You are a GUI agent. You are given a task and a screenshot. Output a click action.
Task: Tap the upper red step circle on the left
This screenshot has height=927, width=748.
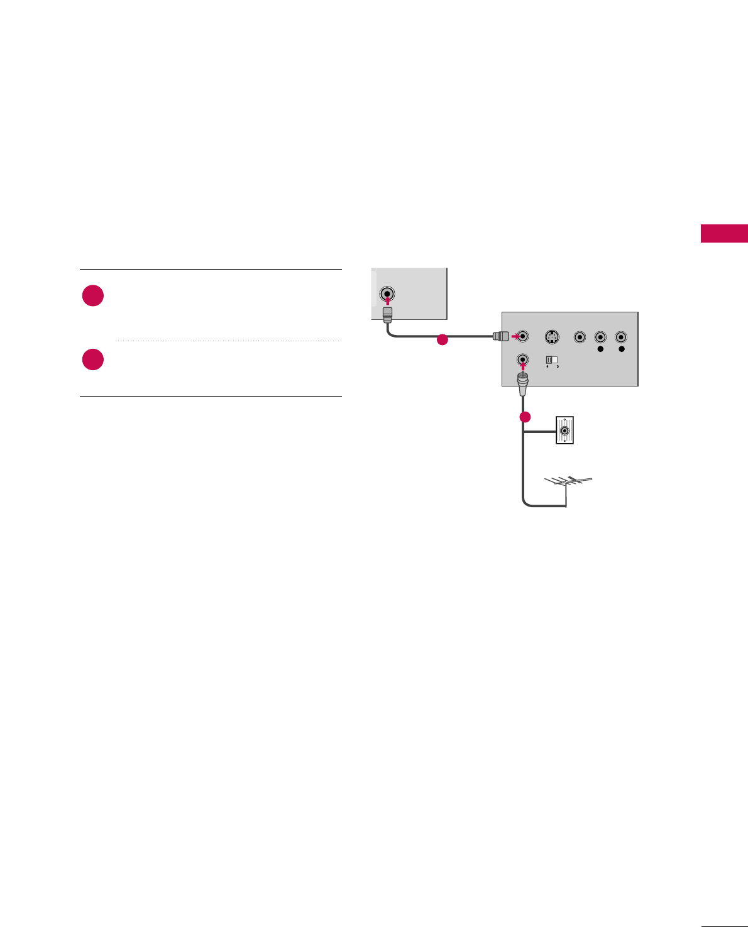[93, 295]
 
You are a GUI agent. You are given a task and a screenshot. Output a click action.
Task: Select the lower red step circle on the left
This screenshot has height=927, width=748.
[93, 359]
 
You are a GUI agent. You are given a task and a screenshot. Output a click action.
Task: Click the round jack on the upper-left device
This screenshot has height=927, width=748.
[388, 293]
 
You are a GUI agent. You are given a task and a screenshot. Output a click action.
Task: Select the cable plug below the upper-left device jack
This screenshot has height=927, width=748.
[388, 312]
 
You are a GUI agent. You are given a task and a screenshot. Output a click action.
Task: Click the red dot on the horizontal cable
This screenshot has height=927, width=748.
[443, 340]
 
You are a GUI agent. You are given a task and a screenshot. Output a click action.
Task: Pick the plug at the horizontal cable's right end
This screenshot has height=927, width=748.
[500, 336]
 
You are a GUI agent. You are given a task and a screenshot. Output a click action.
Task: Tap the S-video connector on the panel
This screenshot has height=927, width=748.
[551, 337]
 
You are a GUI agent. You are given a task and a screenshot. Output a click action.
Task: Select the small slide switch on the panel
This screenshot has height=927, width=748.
[551, 360]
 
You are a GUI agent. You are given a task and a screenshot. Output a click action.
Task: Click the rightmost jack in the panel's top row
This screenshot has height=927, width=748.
[622, 337]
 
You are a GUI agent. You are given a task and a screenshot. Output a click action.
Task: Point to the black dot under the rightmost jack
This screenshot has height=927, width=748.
[622, 349]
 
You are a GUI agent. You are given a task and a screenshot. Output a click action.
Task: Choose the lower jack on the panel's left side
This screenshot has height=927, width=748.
[523, 360]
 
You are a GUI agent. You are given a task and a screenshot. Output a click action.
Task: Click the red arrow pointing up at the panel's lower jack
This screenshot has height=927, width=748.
[523, 368]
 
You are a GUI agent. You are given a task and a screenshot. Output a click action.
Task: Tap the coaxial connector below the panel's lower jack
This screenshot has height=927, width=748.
[522, 383]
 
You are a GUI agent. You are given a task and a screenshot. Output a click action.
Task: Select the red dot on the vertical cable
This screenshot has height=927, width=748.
[525, 417]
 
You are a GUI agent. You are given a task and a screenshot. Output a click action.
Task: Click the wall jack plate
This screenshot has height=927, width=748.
[565, 431]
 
